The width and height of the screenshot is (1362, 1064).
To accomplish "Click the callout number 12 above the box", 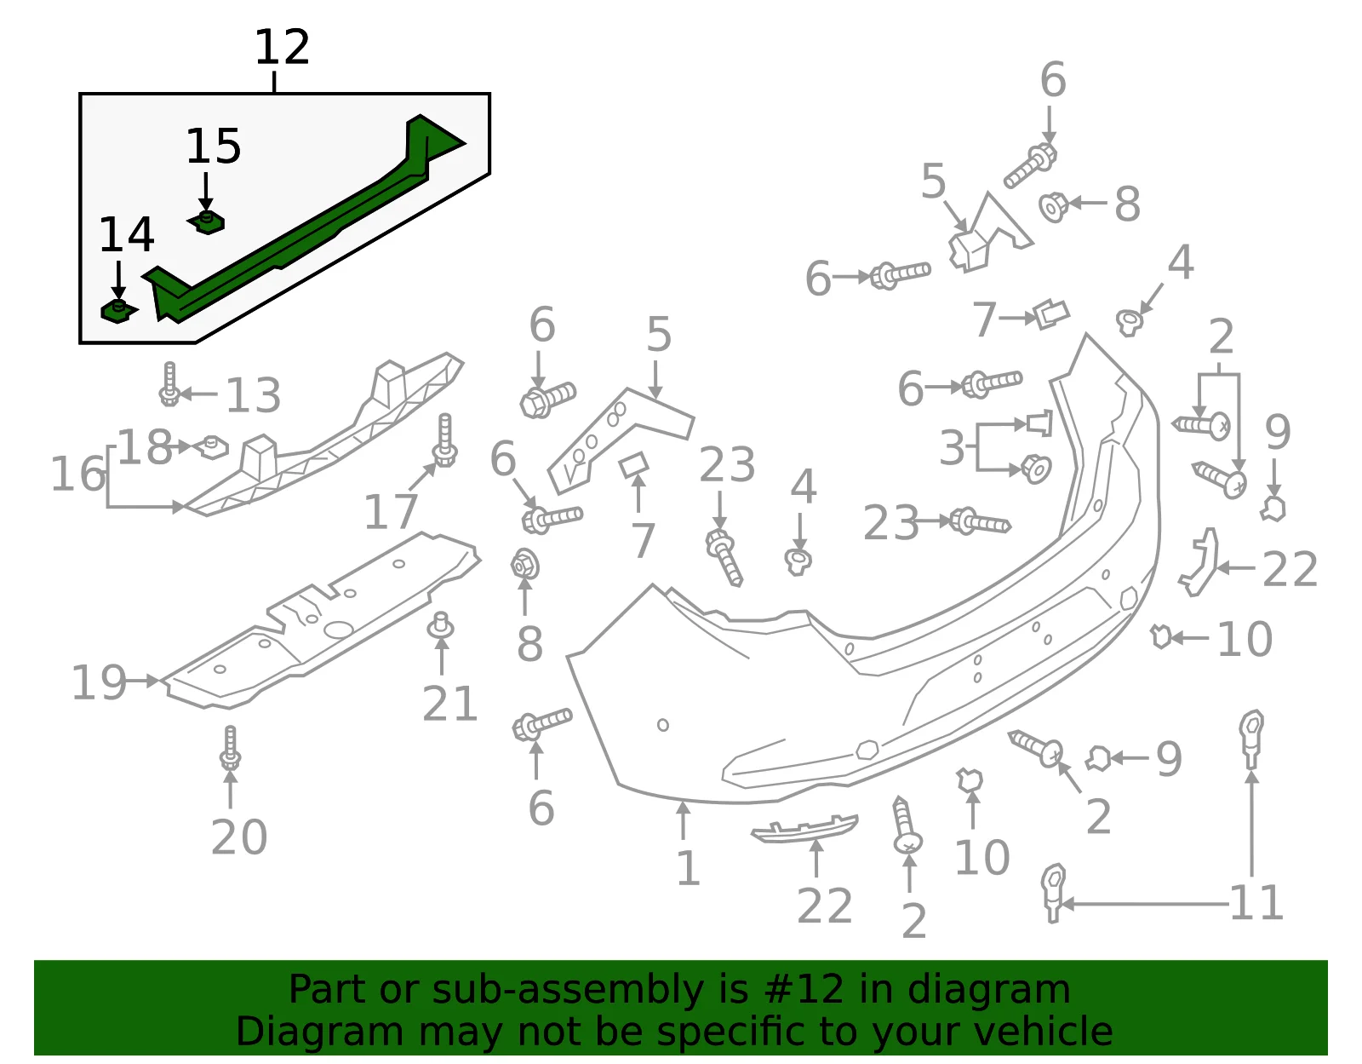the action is pos(282,47).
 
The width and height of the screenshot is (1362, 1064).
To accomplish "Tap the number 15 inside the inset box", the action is pos(213,147).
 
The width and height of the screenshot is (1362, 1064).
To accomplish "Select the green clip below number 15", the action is pos(206,222).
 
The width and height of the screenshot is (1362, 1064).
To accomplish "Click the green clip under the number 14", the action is pos(118,311).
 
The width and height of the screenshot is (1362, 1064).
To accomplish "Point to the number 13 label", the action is pos(253,395).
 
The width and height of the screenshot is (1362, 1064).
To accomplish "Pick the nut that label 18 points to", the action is pos(212,448).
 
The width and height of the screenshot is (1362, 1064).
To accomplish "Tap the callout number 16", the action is pos(78,474).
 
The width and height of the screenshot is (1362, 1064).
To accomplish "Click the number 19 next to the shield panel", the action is pos(99,682).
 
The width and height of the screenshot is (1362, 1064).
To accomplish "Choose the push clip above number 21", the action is pos(441,626).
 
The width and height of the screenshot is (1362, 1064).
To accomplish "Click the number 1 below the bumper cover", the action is pos(688,868).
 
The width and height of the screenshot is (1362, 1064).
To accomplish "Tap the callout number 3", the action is pos(952,448).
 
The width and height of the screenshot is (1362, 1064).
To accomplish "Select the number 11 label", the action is pos(1256,903).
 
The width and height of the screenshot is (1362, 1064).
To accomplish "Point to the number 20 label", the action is pos(239,837).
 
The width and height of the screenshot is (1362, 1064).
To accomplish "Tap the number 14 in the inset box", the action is pos(126,235).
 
